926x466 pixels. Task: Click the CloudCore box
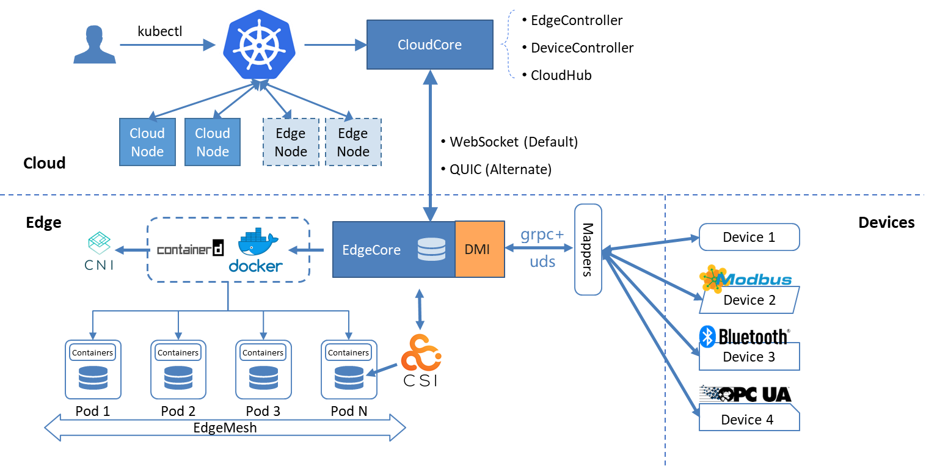click(429, 45)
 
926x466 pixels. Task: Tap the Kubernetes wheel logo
click(260, 45)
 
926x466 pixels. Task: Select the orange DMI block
click(479, 249)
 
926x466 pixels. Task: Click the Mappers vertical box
click(588, 249)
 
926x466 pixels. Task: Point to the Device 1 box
click(749, 237)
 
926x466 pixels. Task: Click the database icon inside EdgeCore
click(431, 249)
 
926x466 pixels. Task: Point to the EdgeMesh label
click(225, 428)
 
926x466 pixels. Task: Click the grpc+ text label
click(542, 235)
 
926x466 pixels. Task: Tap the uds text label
click(542, 261)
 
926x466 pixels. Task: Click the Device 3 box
click(749, 357)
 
